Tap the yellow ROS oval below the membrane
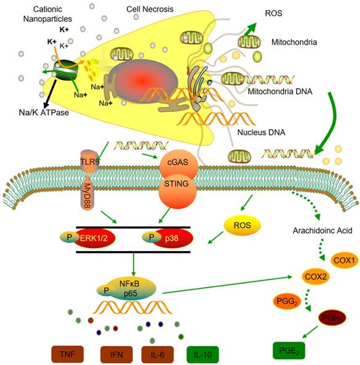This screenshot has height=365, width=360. [x=235, y=227]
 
